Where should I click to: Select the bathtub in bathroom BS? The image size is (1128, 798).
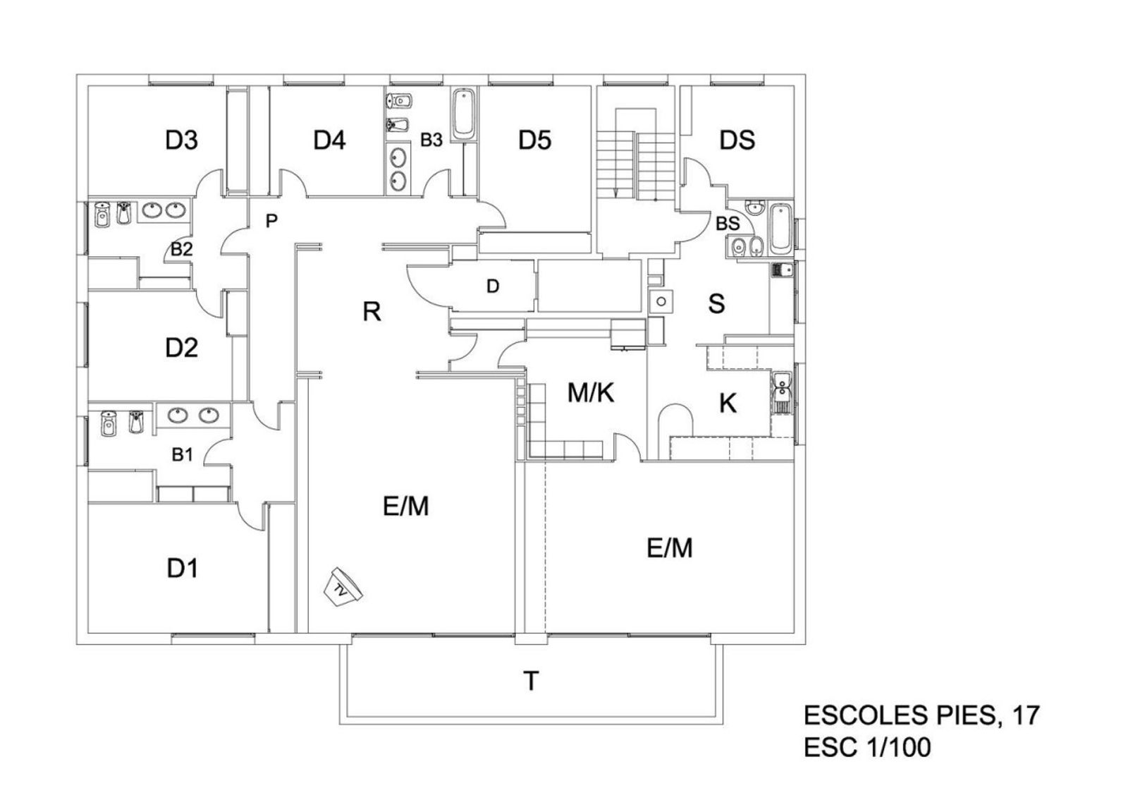780,229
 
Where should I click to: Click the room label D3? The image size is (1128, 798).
181,140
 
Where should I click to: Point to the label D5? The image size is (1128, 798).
534,140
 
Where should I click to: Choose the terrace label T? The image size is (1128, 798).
531,682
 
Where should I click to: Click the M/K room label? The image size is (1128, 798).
591,393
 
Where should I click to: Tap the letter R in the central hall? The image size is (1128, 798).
372,311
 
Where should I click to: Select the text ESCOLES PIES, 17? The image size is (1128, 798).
921,715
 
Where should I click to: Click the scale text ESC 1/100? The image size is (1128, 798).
867,747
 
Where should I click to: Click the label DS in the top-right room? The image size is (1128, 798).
737,140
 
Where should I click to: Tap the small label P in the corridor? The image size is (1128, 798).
271,222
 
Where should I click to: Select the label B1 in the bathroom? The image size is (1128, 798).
182,455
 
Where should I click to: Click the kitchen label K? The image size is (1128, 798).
728,404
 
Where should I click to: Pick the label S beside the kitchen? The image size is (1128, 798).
716,304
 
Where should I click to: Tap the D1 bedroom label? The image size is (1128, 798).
182,567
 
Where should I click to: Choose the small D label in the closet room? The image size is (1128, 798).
493,286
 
